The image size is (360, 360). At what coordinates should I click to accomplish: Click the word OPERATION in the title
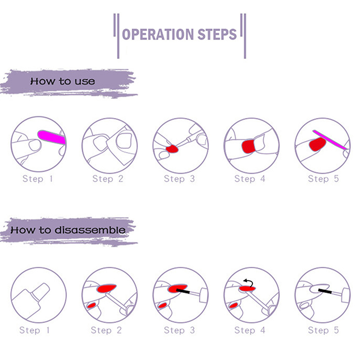[x=158, y=35]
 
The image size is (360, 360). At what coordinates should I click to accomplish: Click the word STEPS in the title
[x=217, y=35]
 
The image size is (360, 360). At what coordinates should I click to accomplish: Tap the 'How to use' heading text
[x=63, y=81]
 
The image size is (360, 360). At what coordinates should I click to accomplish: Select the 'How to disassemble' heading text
[x=68, y=230]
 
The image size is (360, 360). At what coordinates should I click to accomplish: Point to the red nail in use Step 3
[x=172, y=149]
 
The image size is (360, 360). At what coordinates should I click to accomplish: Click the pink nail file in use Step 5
[x=330, y=140]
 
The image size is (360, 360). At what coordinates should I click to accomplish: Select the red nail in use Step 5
[x=318, y=144]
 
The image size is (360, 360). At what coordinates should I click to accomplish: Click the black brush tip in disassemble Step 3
[x=183, y=291]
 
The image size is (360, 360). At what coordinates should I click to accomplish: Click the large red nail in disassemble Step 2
[x=107, y=288]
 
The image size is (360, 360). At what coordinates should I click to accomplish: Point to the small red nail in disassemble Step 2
[x=92, y=306]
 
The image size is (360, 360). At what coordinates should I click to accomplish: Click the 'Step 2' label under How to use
[x=108, y=179]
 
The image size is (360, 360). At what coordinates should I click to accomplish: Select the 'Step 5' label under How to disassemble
[x=324, y=330]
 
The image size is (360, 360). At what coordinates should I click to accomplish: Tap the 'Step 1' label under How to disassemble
[x=35, y=330]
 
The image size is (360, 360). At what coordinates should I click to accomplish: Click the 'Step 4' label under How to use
[x=250, y=179]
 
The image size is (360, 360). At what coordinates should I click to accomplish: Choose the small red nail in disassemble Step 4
[x=234, y=306]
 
